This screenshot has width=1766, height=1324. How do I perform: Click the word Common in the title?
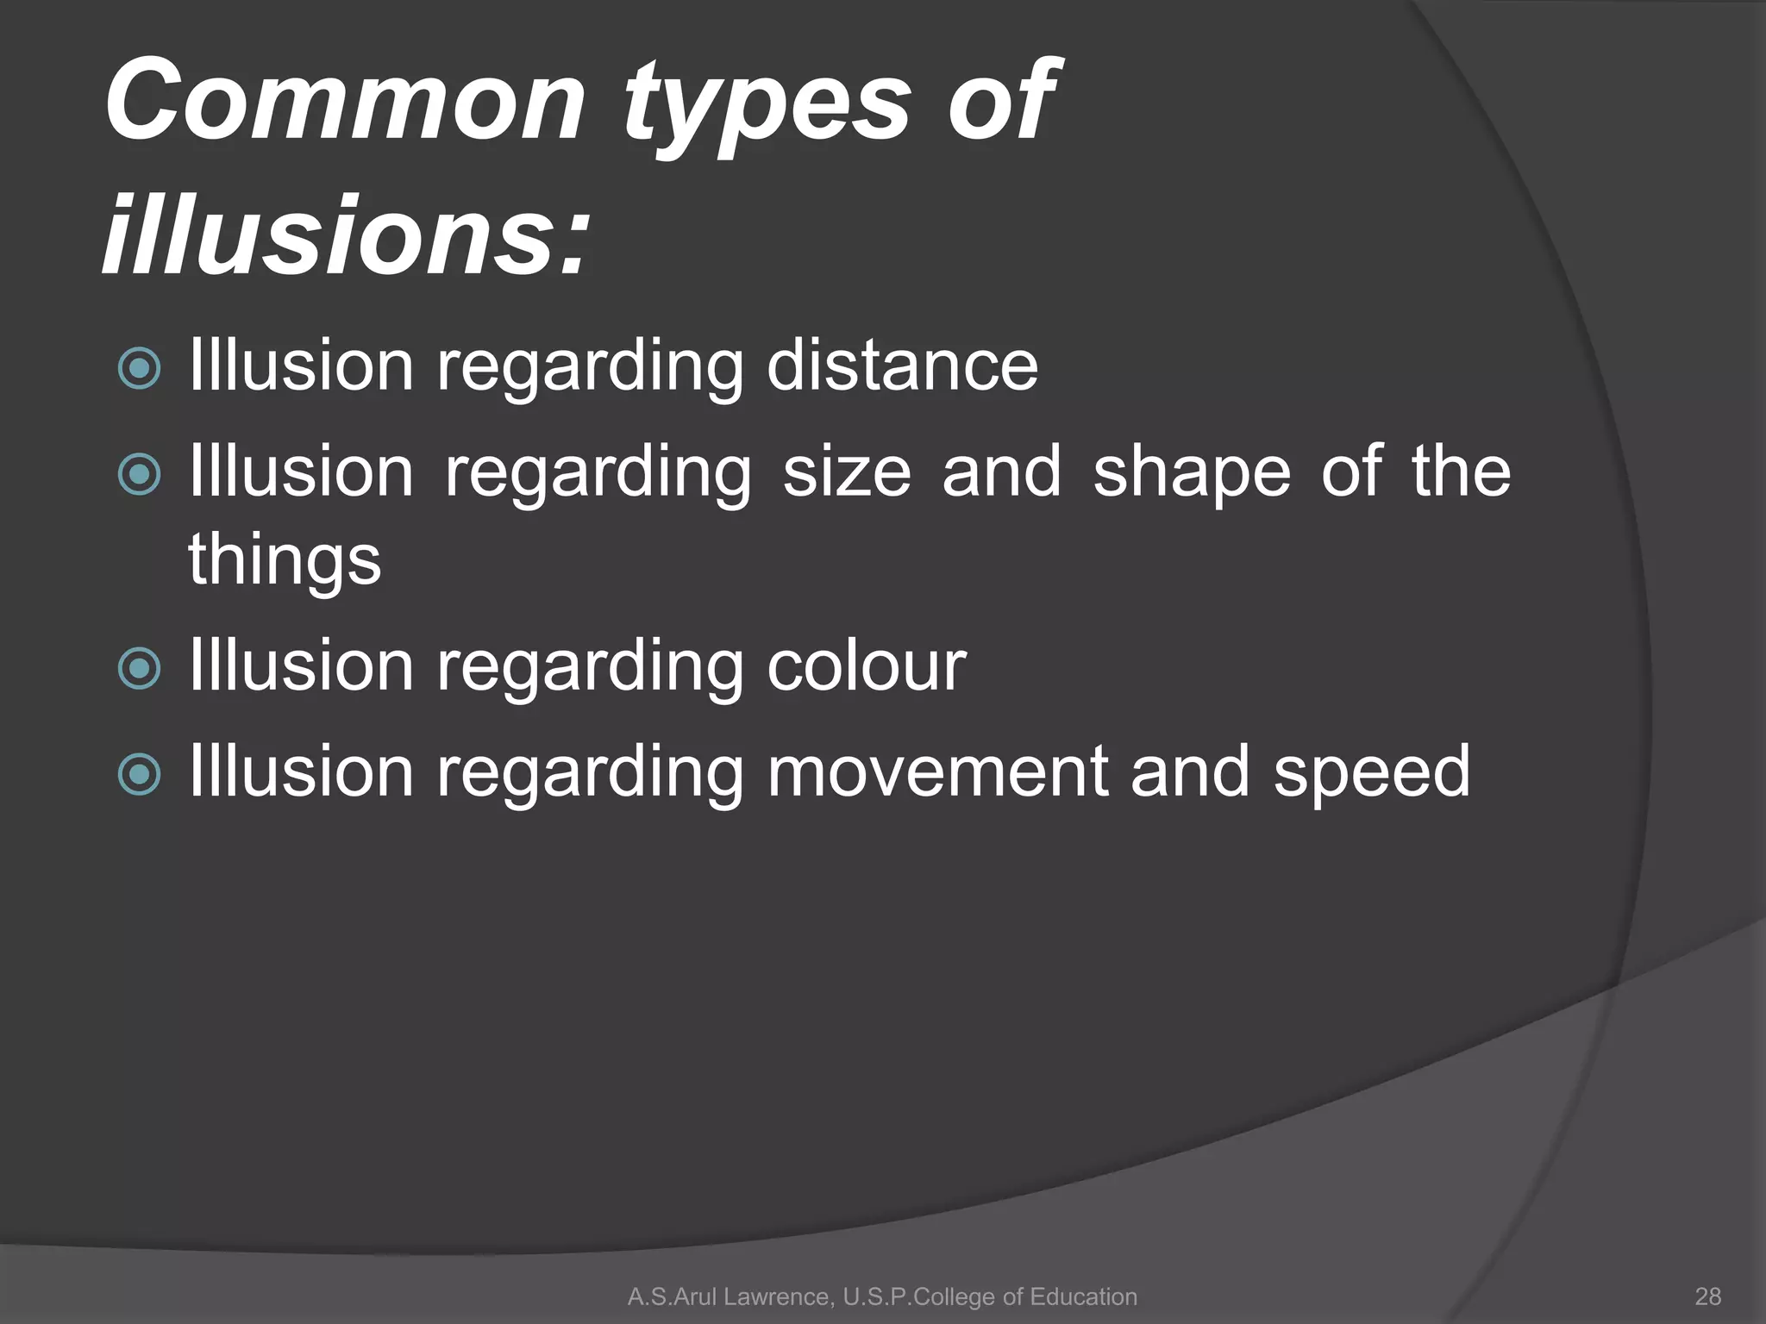click(x=345, y=102)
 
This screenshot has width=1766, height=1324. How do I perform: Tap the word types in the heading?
click(x=766, y=108)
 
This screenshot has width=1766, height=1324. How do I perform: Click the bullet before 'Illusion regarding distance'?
click(x=139, y=369)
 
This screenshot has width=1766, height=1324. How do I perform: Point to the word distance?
click(x=902, y=365)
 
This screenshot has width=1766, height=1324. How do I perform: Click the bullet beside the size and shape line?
click(x=139, y=475)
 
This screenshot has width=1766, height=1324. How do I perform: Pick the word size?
click(x=846, y=472)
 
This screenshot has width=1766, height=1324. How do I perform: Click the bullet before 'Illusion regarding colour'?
click(x=139, y=669)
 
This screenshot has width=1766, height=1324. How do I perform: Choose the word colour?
click(x=866, y=665)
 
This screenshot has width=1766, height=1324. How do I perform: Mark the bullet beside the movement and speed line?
click(x=139, y=774)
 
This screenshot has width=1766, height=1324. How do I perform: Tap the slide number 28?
click(x=1707, y=1296)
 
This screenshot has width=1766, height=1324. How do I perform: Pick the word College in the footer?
click(x=955, y=1296)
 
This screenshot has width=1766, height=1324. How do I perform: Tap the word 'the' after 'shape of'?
click(x=1461, y=472)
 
